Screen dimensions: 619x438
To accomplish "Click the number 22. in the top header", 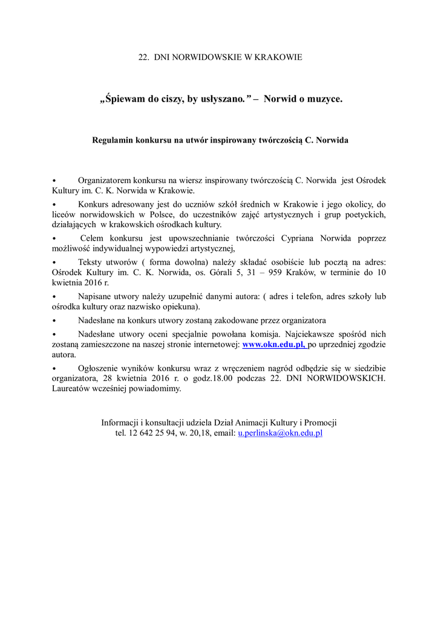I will pos(143,57).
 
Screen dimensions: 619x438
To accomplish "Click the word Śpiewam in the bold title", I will pos(124,99).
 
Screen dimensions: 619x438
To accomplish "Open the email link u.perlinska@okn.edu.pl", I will pos(280,433).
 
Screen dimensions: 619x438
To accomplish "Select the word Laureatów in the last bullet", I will pos(72,389).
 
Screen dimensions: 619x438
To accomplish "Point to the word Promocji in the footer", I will pos(321,423).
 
